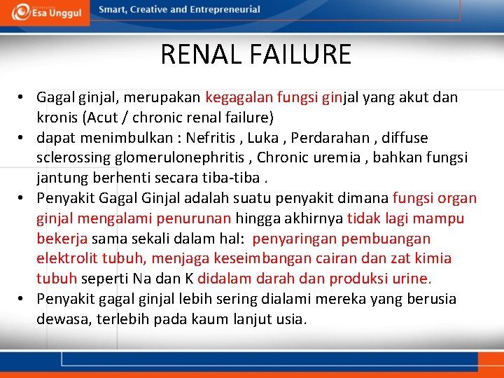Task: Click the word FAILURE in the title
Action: pyautogui.click(x=302, y=55)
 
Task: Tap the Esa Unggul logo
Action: pyautogui.click(x=47, y=11)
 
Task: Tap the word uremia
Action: pyautogui.click(x=328, y=158)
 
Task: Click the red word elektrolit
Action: pyautogui.click(x=67, y=259)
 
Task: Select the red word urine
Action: pyautogui.click(x=411, y=279)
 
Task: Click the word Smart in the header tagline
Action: pyautogui.click(x=113, y=10)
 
